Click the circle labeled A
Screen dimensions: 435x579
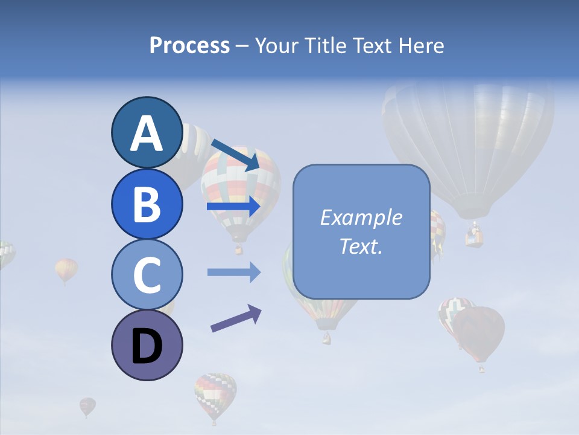coord(147,132)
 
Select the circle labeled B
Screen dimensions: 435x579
coord(147,204)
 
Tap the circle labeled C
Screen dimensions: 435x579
coord(147,274)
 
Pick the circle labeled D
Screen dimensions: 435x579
coord(147,345)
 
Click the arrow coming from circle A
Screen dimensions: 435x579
coord(235,153)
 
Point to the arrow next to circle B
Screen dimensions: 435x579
coord(233,207)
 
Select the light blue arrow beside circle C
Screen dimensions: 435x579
coord(233,272)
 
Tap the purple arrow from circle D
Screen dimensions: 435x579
coord(236,318)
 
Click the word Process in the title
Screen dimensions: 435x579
coord(189,46)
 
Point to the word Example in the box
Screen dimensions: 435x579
coord(361,217)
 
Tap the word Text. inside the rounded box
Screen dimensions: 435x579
coord(361,246)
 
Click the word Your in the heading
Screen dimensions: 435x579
coord(276,46)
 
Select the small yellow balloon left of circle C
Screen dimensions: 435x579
coord(66,269)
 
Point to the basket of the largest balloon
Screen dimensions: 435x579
coord(475,236)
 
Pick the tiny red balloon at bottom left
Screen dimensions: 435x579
coord(87,405)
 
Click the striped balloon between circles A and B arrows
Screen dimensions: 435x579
coord(241,187)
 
